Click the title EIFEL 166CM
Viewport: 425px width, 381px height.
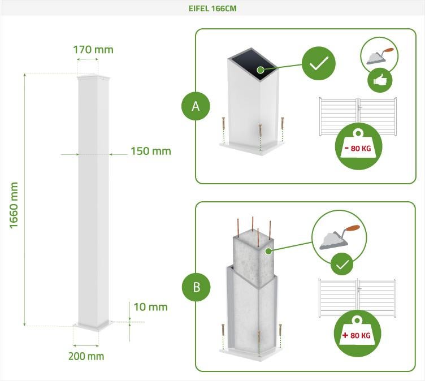tap(212, 9)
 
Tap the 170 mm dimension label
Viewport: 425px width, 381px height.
tap(93, 50)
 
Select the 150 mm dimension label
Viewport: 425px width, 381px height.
tap(150, 151)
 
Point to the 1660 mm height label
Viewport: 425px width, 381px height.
tap(15, 205)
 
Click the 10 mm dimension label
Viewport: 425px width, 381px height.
tap(150, 307)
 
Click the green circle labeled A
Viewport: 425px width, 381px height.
tap(196, 106)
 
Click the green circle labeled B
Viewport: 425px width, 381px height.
tap(196, 287)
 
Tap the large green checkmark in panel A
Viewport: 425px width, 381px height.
tap(319, 63)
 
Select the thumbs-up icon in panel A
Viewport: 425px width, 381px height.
tap(380, 80)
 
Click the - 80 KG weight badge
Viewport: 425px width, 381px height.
tap(358, 146)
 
